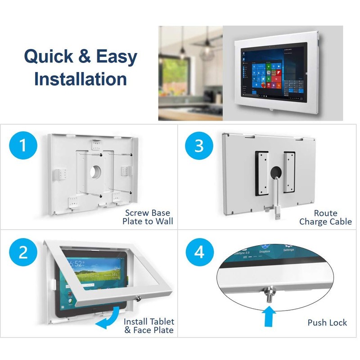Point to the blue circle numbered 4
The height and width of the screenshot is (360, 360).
(x=198, y=252)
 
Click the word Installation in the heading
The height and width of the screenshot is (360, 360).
(x=81, y=79)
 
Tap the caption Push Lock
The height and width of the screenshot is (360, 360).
(x=327, y=322)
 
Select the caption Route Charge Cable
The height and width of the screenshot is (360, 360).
(x=325, y=217)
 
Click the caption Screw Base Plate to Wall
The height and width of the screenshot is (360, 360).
(x=148, y=217)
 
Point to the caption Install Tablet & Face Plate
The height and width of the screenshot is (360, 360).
(x=149, y=326)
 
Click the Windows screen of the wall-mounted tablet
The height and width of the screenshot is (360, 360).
(x=273, y=73)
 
